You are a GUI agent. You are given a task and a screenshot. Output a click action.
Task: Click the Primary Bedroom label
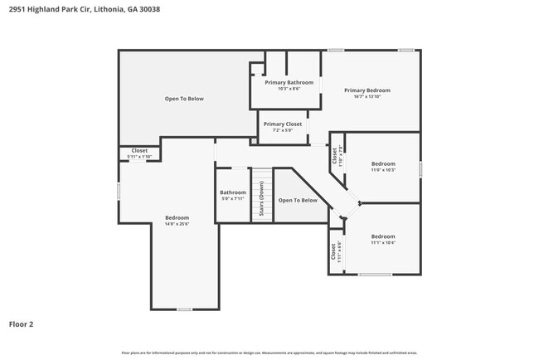[x=367, y=90]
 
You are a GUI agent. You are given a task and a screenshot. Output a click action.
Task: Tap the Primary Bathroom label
[x=289, y=82]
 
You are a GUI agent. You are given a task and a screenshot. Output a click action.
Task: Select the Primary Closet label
[x=282, y=124]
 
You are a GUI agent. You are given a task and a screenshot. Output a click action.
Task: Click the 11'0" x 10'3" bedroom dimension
[x=383, y=170]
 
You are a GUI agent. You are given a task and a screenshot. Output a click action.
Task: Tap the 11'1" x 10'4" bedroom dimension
[x=383, y=242]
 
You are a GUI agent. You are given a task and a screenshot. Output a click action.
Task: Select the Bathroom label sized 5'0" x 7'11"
[x=233, y=192]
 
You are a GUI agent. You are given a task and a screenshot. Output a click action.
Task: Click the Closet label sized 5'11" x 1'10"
[x=139, y=151]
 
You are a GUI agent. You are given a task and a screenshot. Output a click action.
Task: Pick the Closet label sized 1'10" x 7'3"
[x=335, y=154]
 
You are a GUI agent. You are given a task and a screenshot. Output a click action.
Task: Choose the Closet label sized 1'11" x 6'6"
[x=335, y=251]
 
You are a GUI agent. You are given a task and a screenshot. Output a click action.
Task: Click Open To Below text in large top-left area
[x=184, y=99]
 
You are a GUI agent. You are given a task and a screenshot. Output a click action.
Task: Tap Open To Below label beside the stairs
[x=298, y=200]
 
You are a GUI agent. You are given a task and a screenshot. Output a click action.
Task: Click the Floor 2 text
[x=22, y=324]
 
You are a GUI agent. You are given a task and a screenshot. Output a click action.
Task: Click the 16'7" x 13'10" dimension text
[x=367, y=97]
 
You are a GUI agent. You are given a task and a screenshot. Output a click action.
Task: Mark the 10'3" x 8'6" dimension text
[x=289, y=89]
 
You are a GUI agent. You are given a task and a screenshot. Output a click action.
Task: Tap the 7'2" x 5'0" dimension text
[x=282, y=130]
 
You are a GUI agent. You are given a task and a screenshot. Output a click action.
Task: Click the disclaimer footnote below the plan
[x=269, y=353]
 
